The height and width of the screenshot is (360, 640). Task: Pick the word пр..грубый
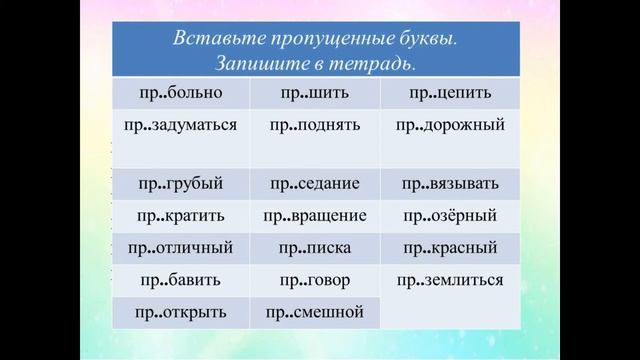[x=181, y=184]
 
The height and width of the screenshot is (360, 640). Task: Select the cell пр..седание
[x=316, y=184]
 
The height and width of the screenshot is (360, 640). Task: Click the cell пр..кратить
[x=181, y=215]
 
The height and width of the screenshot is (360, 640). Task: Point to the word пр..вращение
[x=316, y=215]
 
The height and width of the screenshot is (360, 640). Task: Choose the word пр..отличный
[x=181, y=247]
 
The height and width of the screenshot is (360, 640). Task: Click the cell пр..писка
[x=316, y=247]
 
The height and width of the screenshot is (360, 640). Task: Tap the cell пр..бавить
[x=181, y=279]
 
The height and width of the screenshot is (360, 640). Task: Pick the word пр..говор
[x=316, y=279]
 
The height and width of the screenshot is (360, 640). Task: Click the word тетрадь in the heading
[x=384, y=62]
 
